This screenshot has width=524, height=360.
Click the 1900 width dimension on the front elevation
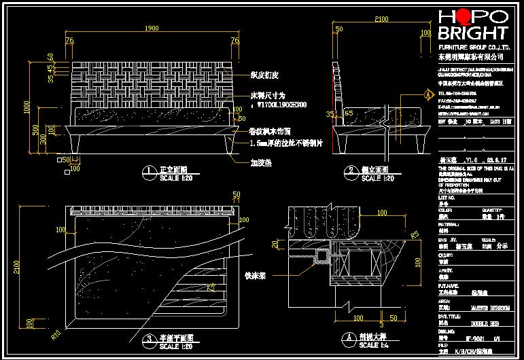point(152,29)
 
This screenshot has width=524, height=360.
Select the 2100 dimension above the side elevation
point(382,22)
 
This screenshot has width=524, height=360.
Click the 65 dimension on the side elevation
point(349,113)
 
